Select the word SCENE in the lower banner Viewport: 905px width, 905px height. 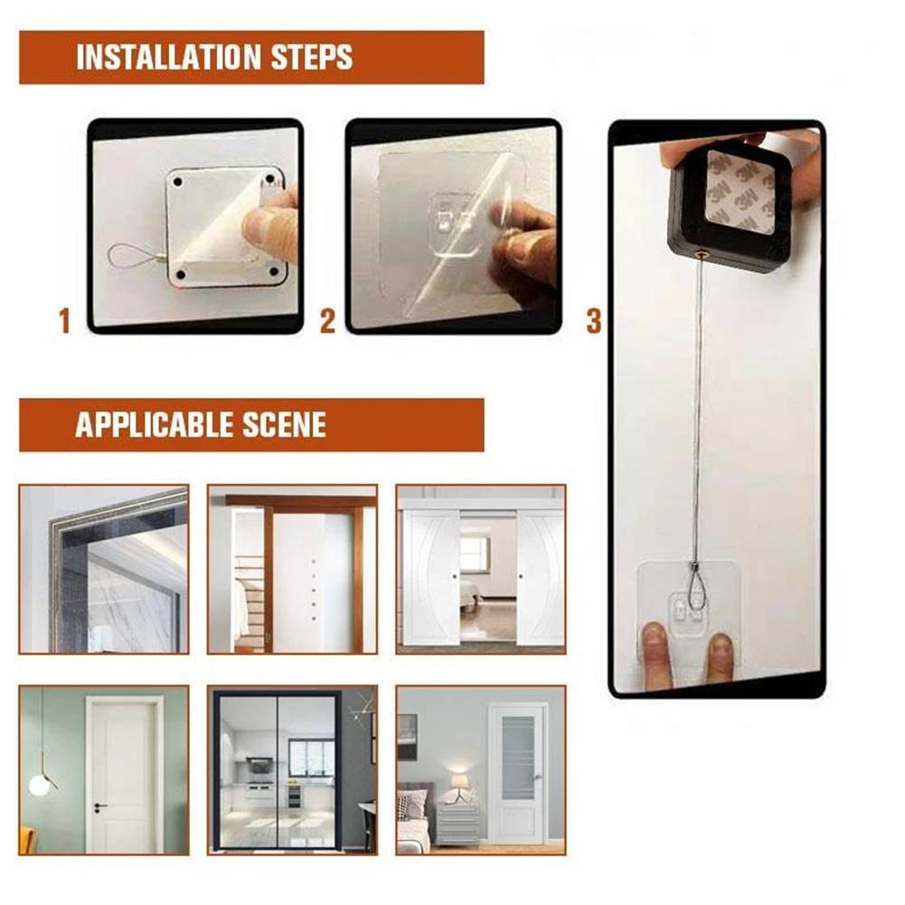pyautogui.click(x=281, y=424)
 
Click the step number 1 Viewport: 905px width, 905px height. pyautogui.click(x=64, y=321)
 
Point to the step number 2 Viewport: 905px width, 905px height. pyautogui.click(x=327, y=321)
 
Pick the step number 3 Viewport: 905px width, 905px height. pyautogui.click(x=593, y=321)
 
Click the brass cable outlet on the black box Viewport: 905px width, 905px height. pyautogui.click(x=701, y=255)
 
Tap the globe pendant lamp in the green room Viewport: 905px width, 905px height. pyautogui.click(x=39, y=784)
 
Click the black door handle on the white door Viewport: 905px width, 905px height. pyautogui.click(x=99, y=804)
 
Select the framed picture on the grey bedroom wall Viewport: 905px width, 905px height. pyautogui.click(x=408, y=737)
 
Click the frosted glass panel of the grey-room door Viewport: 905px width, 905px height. pyautogui.click(x=518, y=758)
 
